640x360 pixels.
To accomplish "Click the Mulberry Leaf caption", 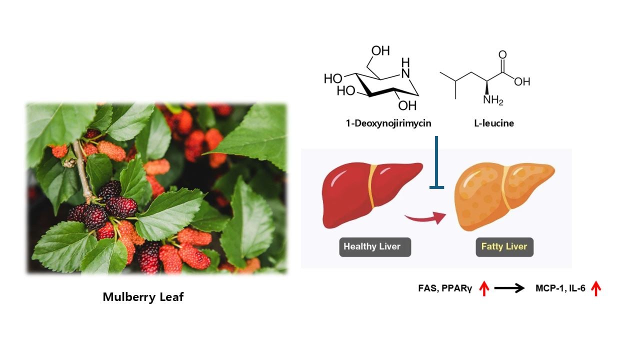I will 143,297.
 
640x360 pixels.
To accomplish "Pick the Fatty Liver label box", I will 504,246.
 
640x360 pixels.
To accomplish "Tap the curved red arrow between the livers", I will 425,217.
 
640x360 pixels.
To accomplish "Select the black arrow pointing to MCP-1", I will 509,288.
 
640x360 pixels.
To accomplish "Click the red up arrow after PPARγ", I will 483,288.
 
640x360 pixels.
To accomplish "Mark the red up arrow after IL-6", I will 595,288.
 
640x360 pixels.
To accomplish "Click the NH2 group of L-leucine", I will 492,99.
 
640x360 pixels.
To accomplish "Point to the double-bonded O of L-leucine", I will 502,55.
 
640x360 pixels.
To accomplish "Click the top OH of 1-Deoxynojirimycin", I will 380,51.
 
